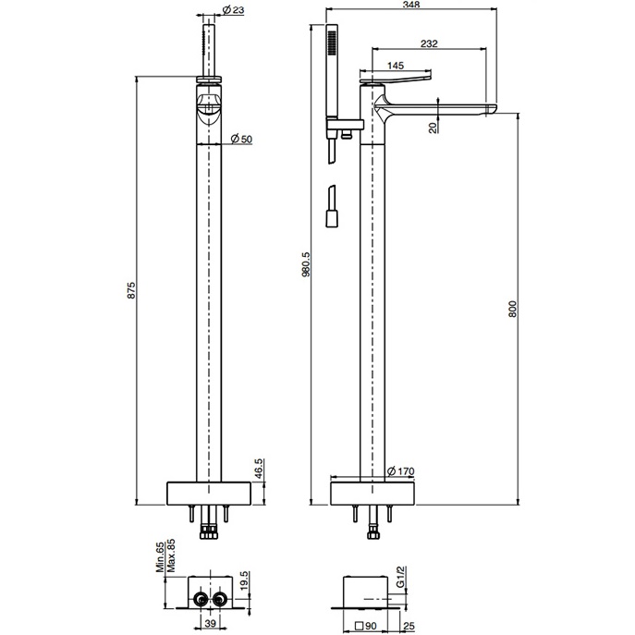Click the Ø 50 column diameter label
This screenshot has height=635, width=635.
[239, 139]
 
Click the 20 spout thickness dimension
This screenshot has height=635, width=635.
[433, 128]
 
